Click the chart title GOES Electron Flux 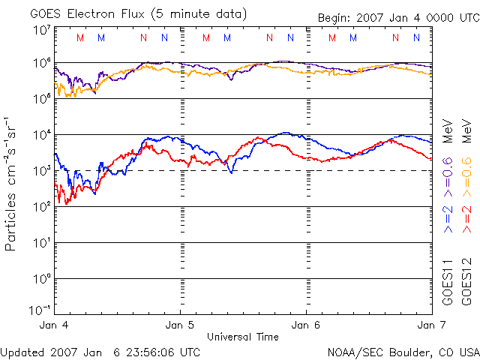pyautogui.click(x=87, y=14)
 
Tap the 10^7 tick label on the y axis pyautogui.click(x=42, y=30)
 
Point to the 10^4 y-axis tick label pyautogui.click(x=42, y=135)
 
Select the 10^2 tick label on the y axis pyautogui.click(x=42, y=207)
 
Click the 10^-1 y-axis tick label pyautogui.click(x=40, y=310)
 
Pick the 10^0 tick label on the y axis pyautogui.click(x=42, y=279)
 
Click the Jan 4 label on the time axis pyautogui.click(x=54, y=325)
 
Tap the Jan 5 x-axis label pyautogui.click(x=180, y=325)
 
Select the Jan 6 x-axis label pyautogui.click(x=306, y=325)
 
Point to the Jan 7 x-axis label pyautogui.click(x=432, y=325)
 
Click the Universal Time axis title pyautogui.click(x=243, y=337)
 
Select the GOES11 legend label pyautogui.click(x=448, y=283)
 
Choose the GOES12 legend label pyautogui.click(x=466, y=282)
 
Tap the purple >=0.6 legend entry pyautogui.click(x=448, y=177)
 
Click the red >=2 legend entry pyautogui.click(x=466, y=219)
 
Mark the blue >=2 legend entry pyautogui.click(x=448, y=219)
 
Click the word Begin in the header pyautogui.click(x=335, y=18)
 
